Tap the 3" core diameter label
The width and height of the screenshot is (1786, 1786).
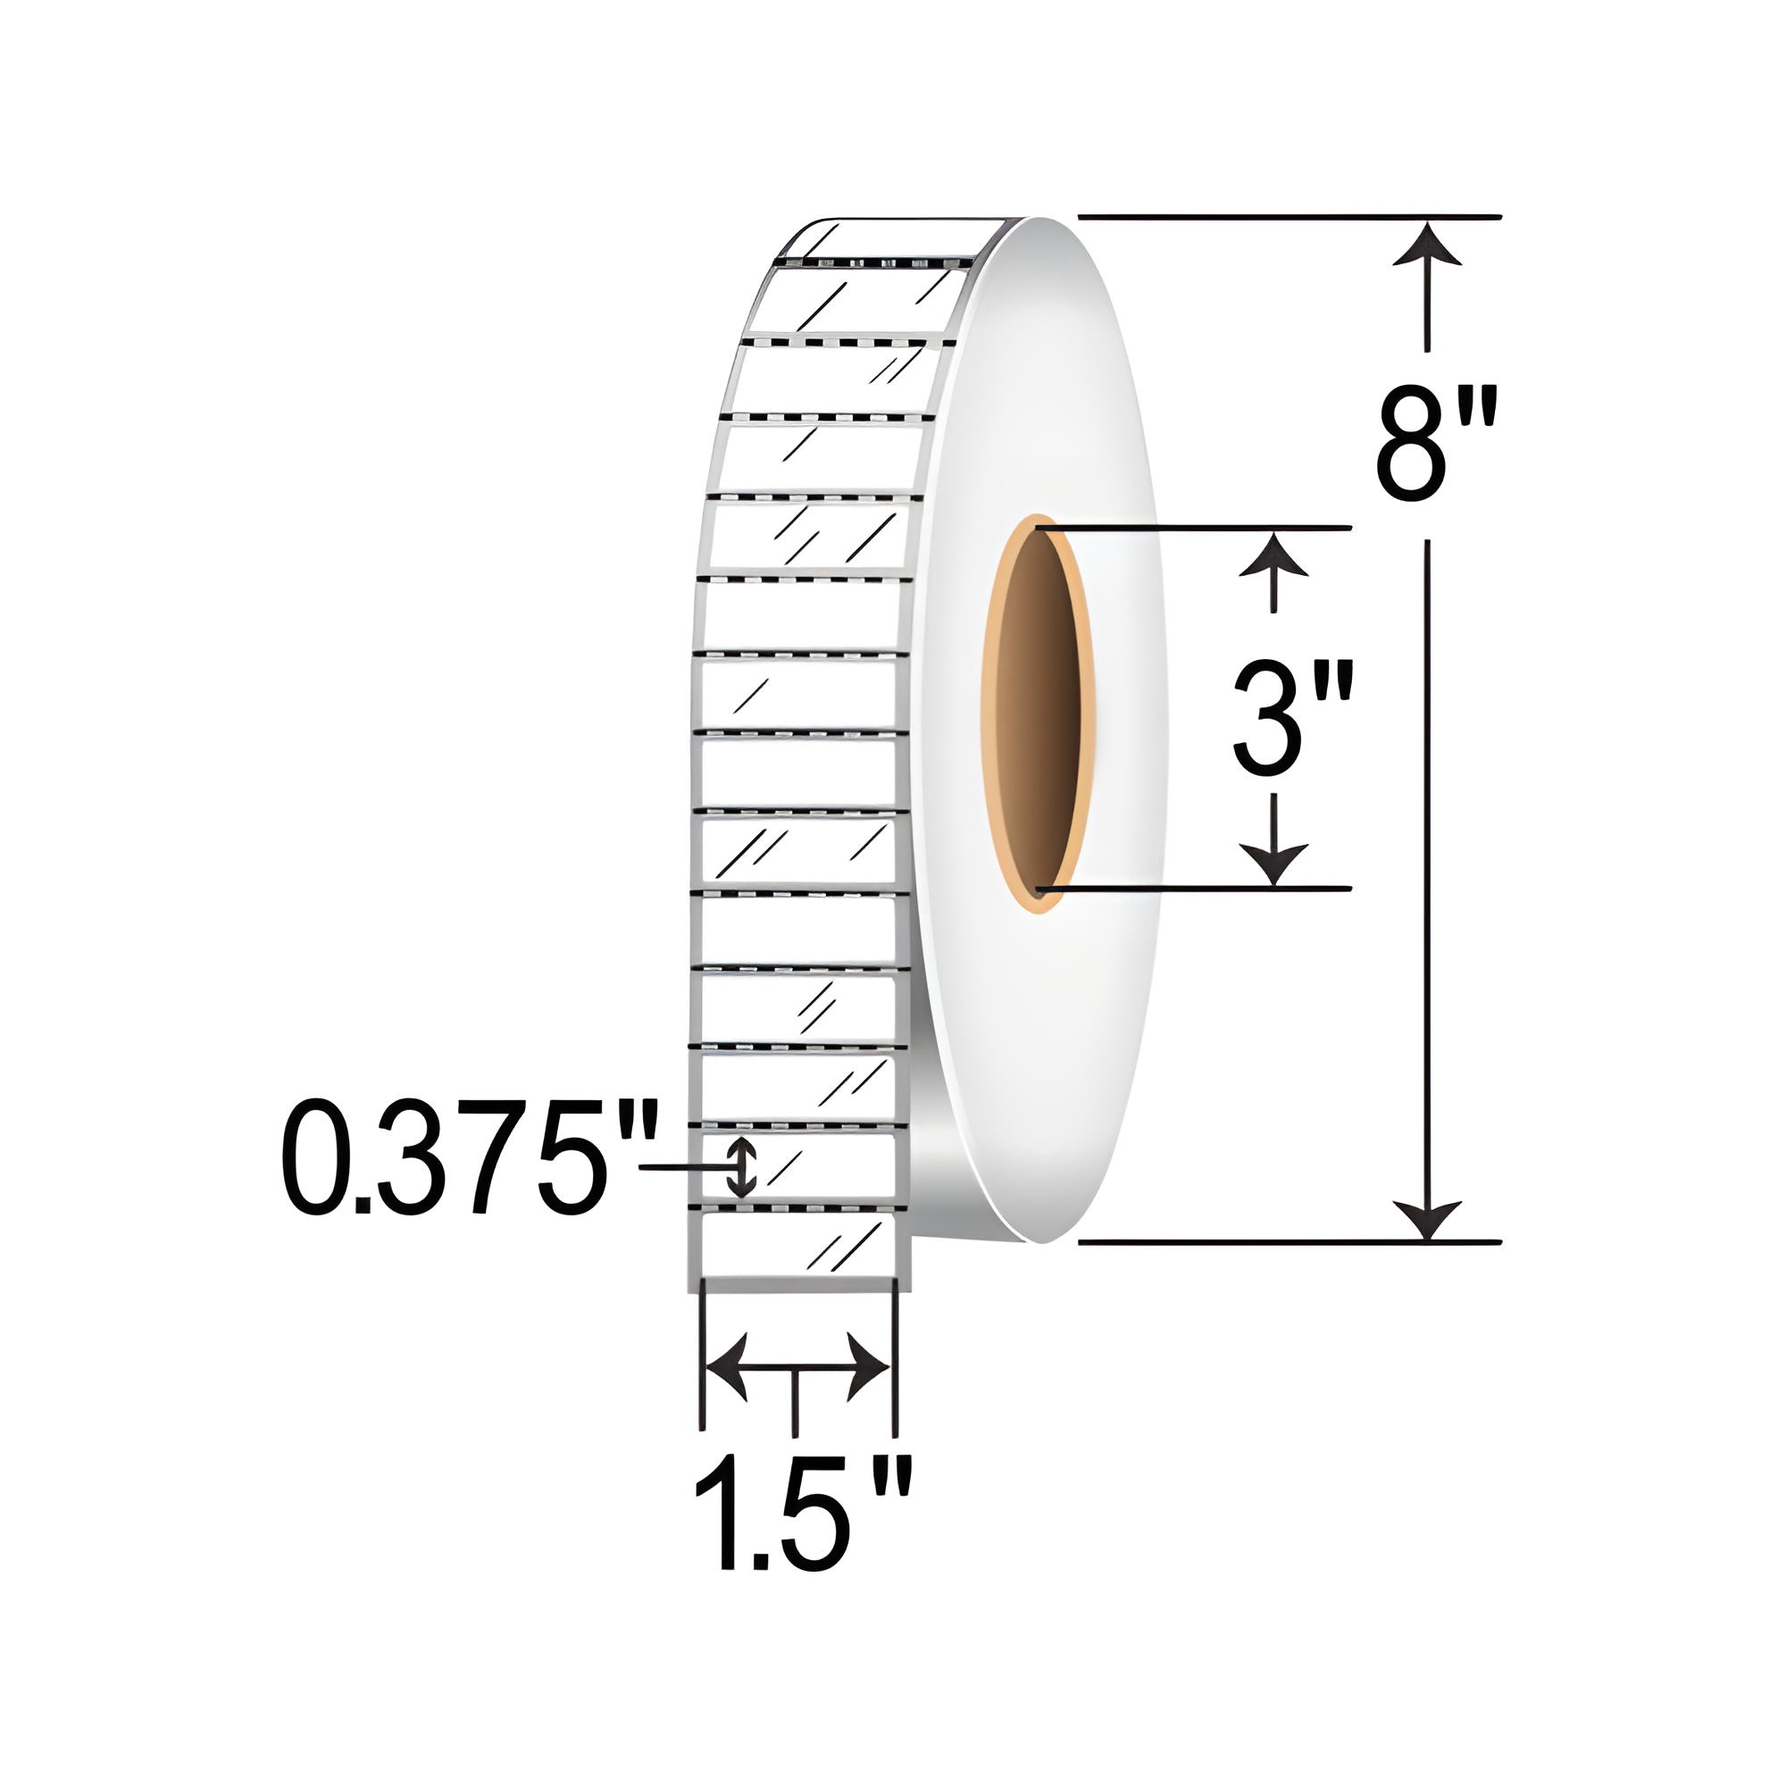pyautogui.click(x=1294, y=717)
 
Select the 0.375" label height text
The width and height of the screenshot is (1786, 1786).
pyautogui.click(x=471, y=1157)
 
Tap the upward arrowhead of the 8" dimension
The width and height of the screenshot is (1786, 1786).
pyautogui.click(x=1427, y=243)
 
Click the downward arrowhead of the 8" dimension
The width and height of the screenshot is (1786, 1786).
pyautogui.click(x=1427, y=1219)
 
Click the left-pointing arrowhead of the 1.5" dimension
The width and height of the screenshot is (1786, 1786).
pyautogui.click(x=727, y=1366)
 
